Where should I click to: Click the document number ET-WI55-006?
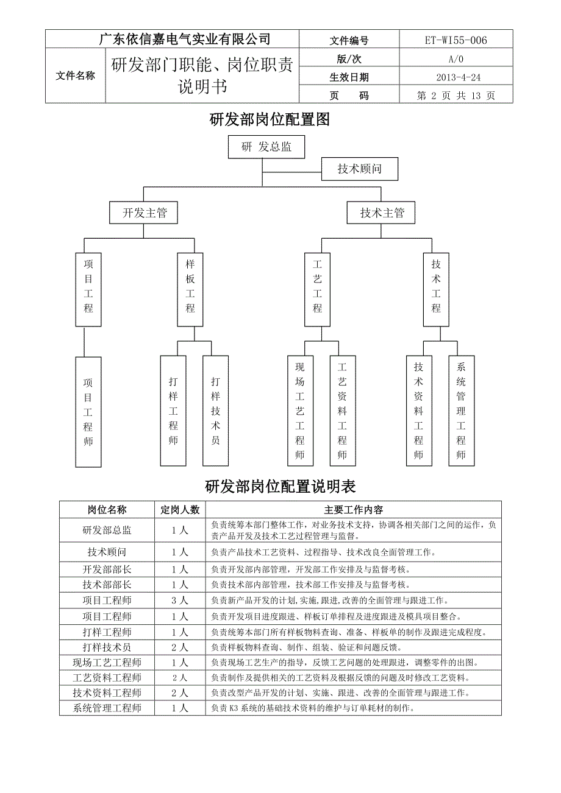[456, 40]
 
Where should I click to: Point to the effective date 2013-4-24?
[458, 77]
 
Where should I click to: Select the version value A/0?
[456, 59]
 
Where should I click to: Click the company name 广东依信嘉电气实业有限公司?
[185, 39]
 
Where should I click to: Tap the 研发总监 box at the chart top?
[266, 147]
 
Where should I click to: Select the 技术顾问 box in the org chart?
[360, 169]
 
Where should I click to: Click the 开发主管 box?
[143, 213]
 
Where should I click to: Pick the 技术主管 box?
[381, 213]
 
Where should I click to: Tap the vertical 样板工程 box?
[190, 289]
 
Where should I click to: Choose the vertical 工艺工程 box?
[318, 289]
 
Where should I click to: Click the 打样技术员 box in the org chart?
[215, 411]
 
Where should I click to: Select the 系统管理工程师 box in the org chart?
[462, 411]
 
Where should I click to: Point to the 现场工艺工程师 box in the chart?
[301, 411]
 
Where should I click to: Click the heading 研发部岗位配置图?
[270, 119]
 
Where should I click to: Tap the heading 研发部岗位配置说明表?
[280, 487]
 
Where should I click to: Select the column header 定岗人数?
[180, 510]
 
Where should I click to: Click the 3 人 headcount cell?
[180, 601]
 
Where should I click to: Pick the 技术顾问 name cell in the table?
[107, 552]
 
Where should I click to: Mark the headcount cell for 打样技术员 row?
[180, 647]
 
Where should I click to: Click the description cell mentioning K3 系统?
[354, 708]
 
